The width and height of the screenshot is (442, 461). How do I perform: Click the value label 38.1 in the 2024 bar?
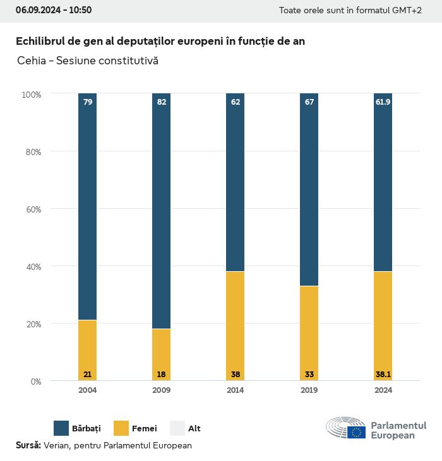pos(383,375)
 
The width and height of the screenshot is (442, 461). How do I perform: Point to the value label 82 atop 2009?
pos(161,102)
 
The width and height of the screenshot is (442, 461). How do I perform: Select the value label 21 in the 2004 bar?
pos(88,375)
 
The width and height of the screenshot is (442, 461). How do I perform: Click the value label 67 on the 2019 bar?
pos(309,102)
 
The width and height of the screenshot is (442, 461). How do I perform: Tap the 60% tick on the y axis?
pos(32,209)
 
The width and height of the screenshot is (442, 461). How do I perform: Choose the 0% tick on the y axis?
pos(35,382)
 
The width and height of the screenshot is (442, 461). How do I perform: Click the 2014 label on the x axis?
pos(235,390)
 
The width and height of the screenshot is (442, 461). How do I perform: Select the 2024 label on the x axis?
pos(383,390)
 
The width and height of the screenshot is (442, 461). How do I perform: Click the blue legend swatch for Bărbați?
pos(61,428)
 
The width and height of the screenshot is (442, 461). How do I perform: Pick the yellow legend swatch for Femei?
pos(121,428)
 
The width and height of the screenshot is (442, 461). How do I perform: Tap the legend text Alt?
pos(194,428)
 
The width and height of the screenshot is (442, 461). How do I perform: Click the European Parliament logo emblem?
pos(346,428)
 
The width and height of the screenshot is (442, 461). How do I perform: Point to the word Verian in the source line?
pos(56,445)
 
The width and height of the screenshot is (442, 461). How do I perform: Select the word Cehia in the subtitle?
pos(30,61)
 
